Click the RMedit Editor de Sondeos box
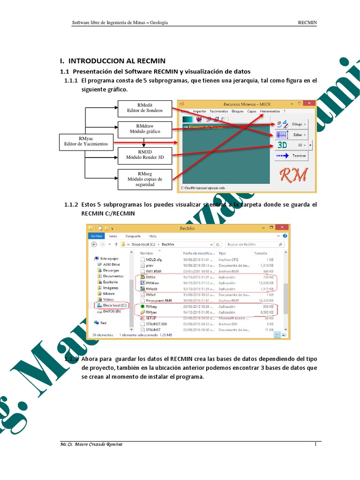(145, 108)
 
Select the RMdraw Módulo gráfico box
(145, 129)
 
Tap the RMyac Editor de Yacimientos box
(86, 141)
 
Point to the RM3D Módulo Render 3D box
(145, 155)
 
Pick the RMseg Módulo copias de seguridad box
(145, 179)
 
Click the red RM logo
(293, 175)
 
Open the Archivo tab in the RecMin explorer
(97, 237)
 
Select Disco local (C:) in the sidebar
(112, 305)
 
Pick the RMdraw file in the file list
(152, 283)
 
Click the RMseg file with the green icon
(151, 307)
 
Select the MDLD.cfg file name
(154, 259)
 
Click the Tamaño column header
(260, 253)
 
